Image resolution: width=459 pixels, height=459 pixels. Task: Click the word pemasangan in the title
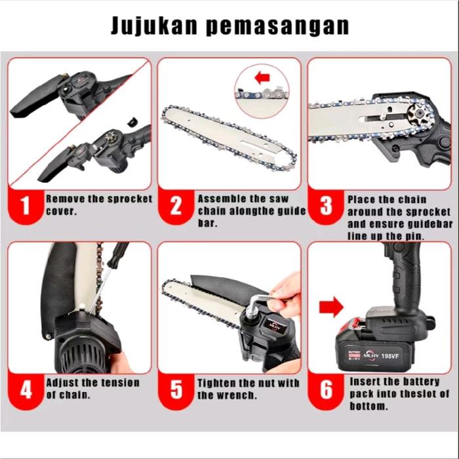point(277,27)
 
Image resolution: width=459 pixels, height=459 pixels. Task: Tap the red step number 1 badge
point(26,206)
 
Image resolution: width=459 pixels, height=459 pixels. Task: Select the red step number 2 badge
point(176,206)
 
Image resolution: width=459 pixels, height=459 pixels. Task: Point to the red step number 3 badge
point(326,206)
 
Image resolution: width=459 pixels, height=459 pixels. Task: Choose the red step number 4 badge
point(26,391)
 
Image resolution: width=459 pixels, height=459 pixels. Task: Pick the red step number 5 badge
point(176,391)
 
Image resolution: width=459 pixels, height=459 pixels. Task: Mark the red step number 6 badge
point(326,391)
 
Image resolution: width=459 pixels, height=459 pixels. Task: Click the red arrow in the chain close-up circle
point(262,78)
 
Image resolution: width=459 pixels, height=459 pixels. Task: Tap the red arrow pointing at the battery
point(331,307)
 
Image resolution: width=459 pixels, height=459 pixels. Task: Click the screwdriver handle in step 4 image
point(118,254)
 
